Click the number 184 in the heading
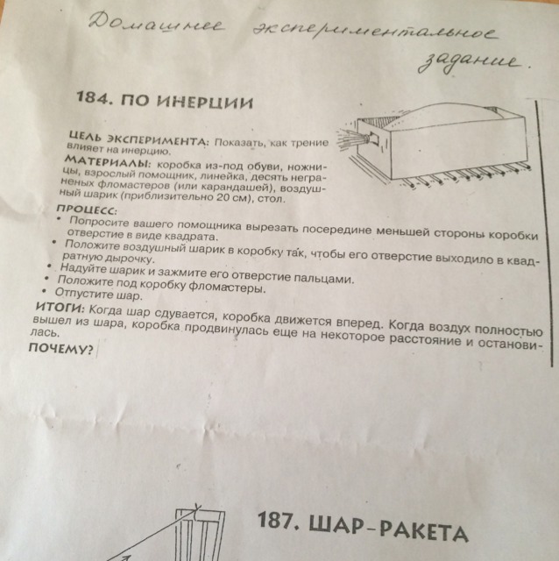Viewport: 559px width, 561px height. pos(92,97)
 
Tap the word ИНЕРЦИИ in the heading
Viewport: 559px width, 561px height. pos(206,103)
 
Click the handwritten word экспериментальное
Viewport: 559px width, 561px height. pos(375,32)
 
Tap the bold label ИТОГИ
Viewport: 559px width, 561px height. pos(60,308)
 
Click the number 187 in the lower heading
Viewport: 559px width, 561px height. pos(278,520)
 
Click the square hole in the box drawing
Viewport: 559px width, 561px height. pos(374,138)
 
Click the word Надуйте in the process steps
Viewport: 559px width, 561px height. pos(81,269)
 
